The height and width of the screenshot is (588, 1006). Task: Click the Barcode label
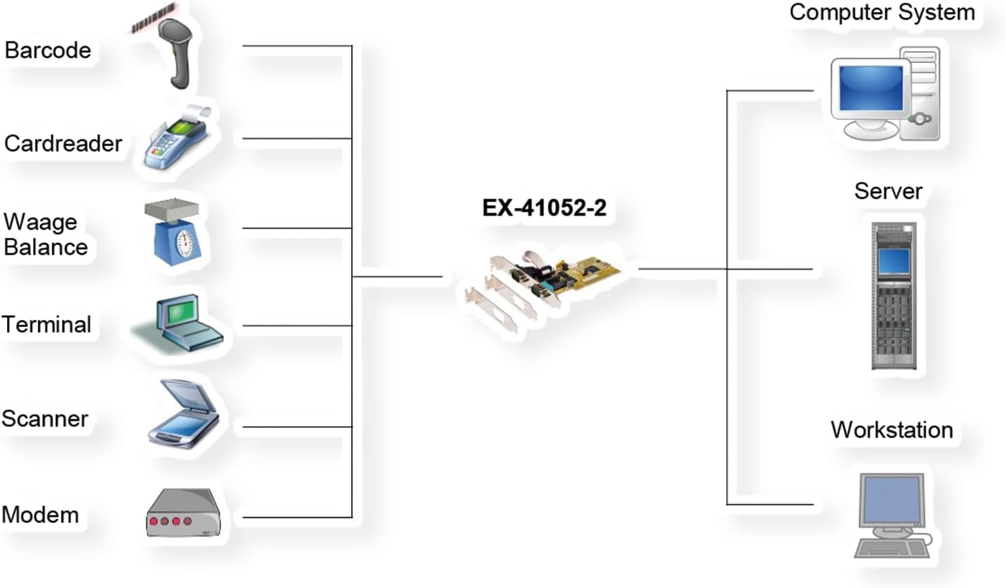pyautogui.click(x=48, y=50)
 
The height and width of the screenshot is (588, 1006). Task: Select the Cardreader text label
pyautogui.click(x=63, y=144)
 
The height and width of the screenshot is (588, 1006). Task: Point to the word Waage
pyautogui.click(x=41, y=222)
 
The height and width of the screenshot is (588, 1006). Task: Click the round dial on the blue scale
pyautogui.click(x=185, y=244)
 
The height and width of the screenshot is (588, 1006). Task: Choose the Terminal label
pyautogui.click(x=46, y=324)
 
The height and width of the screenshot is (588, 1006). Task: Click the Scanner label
pyautogui.click(x=45, y=419)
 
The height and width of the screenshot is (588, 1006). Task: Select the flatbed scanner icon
pyautogui.click(x=184, y=414)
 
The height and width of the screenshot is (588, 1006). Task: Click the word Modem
pyautogui.click(x=41, y=514)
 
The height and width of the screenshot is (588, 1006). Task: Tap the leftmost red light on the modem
pyautogui.click(x=154, y=521)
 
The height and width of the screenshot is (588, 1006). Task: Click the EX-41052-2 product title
pyautogui.click(x=544, y=208)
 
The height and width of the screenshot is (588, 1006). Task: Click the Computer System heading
pyautogui.click(x=882, y=12)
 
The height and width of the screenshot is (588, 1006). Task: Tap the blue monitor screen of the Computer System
pyautogui.click(x=871, y=87)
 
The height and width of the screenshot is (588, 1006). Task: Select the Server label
pyautogui.click(x=888, y=191)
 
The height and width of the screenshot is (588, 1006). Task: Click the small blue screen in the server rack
pyautogui.click(x=894, y=261)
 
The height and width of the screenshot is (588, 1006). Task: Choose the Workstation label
pyautogui.click(x=892, y=430)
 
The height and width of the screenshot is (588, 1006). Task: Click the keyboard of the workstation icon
pyautogui.click(x=892, y=549)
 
